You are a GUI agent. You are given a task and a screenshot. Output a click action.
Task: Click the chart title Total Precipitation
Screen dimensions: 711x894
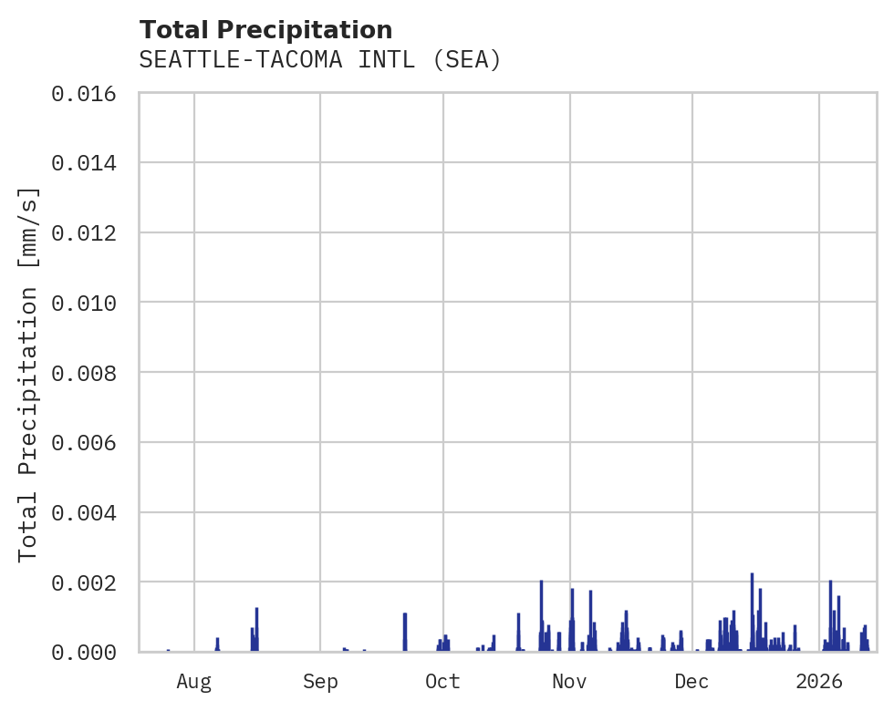tap(265, 30)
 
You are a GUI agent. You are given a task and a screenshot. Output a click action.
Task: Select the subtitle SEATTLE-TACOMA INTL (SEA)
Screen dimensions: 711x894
tap(320, 60)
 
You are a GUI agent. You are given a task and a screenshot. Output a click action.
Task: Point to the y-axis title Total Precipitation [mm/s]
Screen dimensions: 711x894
tap(29, 373)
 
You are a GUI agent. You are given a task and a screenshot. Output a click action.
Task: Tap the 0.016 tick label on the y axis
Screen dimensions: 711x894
tap(89, 93)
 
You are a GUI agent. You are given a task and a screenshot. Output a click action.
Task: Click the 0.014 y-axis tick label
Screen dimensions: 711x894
tap(89, 163)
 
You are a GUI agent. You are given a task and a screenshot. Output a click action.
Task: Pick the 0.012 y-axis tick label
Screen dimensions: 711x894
tap(89, 233)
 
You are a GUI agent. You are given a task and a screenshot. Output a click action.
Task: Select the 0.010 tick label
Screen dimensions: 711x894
tap(89, 303)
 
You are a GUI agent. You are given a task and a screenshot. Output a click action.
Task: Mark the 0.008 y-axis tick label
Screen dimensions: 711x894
tap(89, 373)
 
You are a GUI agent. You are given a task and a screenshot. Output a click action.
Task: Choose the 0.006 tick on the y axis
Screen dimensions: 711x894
tap(89, 443)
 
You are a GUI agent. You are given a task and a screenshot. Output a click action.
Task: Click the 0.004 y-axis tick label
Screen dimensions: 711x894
tap(89, 512)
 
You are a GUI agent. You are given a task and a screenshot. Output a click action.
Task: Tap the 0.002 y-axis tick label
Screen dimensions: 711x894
tap(89, 582)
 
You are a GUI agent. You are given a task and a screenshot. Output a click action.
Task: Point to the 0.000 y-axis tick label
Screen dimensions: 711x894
tap(89, 652)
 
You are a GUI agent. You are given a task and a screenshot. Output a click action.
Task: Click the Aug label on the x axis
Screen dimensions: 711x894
tap(194, 681)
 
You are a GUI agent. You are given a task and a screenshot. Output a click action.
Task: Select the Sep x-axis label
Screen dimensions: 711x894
tap(320, 681)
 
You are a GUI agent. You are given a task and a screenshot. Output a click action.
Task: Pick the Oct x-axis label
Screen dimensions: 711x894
tap(443, 681)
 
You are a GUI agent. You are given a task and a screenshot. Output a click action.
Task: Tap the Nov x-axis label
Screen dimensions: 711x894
tap(569, 681)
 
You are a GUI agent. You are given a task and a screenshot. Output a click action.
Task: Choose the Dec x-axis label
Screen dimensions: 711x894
tap(692, 681)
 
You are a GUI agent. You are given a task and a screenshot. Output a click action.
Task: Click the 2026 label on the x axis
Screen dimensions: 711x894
tap(819, 681)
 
